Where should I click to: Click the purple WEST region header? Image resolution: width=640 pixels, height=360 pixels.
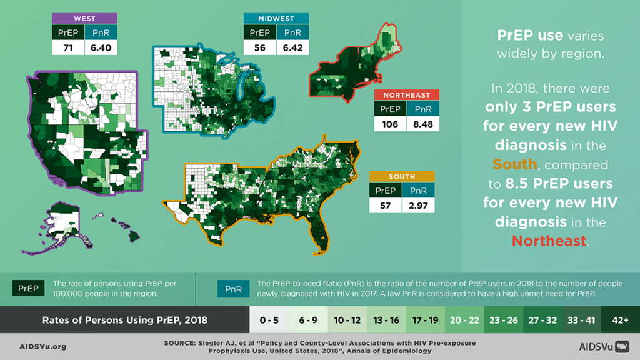(84, 19)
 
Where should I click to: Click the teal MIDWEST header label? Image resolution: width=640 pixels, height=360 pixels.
(276, 19)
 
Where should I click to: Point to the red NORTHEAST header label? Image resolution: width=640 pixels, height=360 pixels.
(407, 95)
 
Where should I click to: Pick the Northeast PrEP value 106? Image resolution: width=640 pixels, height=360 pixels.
(390, 124)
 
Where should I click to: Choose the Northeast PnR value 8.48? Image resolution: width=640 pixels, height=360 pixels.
(423, 124)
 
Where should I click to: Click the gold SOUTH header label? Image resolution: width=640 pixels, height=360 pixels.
(401, 177)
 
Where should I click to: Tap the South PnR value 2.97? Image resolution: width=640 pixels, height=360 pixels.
(417, 205)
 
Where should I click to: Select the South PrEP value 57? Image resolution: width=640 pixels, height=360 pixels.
(385, 205)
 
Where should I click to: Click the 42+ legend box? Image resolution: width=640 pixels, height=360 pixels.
(620, 320)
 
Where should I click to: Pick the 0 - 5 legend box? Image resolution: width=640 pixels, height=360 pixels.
(269, 320)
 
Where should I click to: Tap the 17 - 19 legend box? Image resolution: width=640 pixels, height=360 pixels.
(425, 320)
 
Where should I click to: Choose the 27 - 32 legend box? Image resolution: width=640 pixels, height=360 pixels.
(542, 320)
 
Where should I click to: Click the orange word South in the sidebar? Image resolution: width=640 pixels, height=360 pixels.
(514, 164)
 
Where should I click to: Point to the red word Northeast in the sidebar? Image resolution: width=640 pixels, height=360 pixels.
(549, 241)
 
